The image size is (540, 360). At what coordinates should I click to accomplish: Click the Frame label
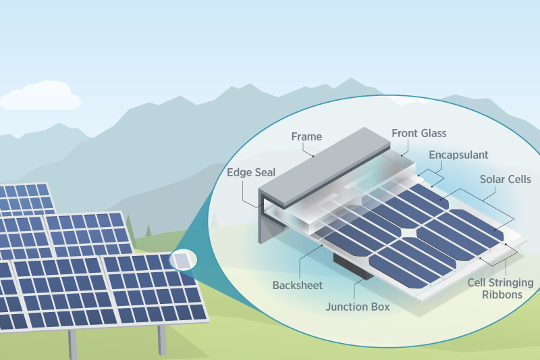(x=306, y=136)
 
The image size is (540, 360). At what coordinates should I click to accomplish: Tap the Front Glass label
(x=419, y=134)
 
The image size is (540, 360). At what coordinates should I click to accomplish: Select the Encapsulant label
(x=458, y=155)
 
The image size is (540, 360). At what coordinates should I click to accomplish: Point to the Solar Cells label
(x=506, y=180)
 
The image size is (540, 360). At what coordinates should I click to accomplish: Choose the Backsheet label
(x=298, y=285)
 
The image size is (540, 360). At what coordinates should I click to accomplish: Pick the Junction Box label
(x=358, y=307)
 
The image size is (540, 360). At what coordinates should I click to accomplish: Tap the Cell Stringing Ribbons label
(x=500, y=288)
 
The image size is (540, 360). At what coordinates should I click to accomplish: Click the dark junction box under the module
(x=352, y=266)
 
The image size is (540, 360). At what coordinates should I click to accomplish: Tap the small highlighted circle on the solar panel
(x=182, y=259)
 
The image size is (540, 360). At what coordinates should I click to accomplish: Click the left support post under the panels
(x=72, y=344)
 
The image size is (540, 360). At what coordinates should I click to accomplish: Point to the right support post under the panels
(x=162, y=340)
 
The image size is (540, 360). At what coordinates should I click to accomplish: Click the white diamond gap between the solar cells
(x=409, y=232)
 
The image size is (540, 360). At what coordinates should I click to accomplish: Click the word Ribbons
(x=500, y=294)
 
